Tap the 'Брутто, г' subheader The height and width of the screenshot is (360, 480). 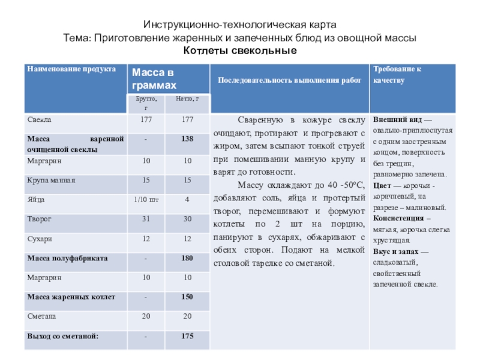(x=146, y=103)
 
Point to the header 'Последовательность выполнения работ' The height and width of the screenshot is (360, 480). (x=289, y=80)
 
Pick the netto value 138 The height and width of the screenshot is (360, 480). (x=187, y=139)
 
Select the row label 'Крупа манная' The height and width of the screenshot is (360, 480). (x=51, y=179)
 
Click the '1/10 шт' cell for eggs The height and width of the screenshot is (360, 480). (x=146, y=199)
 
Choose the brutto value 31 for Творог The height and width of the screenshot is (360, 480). (x=146, y=219)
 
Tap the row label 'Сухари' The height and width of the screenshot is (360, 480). (x=40, y=239)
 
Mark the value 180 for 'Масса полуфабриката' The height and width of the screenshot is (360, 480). (x=187, y=258)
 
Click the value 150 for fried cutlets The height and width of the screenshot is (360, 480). (x=187, y=297)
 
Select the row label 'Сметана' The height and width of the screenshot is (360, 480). (x=41, y=316)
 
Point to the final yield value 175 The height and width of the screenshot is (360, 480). (x=187, y=336)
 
